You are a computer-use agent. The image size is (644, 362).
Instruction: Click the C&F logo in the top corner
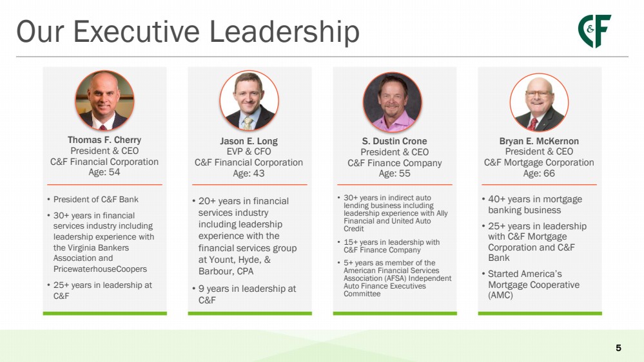pos(594,31)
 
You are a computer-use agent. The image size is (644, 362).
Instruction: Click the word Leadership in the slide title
pos(285,32)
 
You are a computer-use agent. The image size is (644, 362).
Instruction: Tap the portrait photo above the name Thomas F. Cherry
pos(104,100)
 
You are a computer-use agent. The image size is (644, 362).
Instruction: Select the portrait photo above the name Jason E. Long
pos(249,100)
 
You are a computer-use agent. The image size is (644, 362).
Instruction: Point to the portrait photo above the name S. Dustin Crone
pos(392,102)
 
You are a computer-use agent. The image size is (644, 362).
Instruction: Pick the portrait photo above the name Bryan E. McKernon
pos(540,102)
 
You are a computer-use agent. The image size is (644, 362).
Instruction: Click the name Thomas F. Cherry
pos(104,140)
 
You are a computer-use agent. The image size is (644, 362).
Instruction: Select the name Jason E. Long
pos(249,141)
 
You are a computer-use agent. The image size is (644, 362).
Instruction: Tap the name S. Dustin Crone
pos(395,141)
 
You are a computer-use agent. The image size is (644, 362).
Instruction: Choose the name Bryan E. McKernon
pos(539,141)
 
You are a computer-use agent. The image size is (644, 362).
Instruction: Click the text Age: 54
pos(104,172)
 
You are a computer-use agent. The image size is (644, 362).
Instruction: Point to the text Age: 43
pos(249,173)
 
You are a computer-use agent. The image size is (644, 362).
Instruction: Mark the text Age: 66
pos(539,173)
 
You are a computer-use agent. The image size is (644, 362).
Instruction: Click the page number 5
pos(618,348)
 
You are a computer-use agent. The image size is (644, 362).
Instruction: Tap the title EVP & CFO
pos(249,151)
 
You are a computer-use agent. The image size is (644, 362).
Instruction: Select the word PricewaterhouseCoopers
pos(100,269)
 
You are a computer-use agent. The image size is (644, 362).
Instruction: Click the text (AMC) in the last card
pos(500,295)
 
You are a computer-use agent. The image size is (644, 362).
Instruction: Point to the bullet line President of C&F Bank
pos(95,200)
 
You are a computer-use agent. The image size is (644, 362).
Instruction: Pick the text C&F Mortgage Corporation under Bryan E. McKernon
pos(539,162)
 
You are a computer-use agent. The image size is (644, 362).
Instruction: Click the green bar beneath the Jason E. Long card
pos(249,314)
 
